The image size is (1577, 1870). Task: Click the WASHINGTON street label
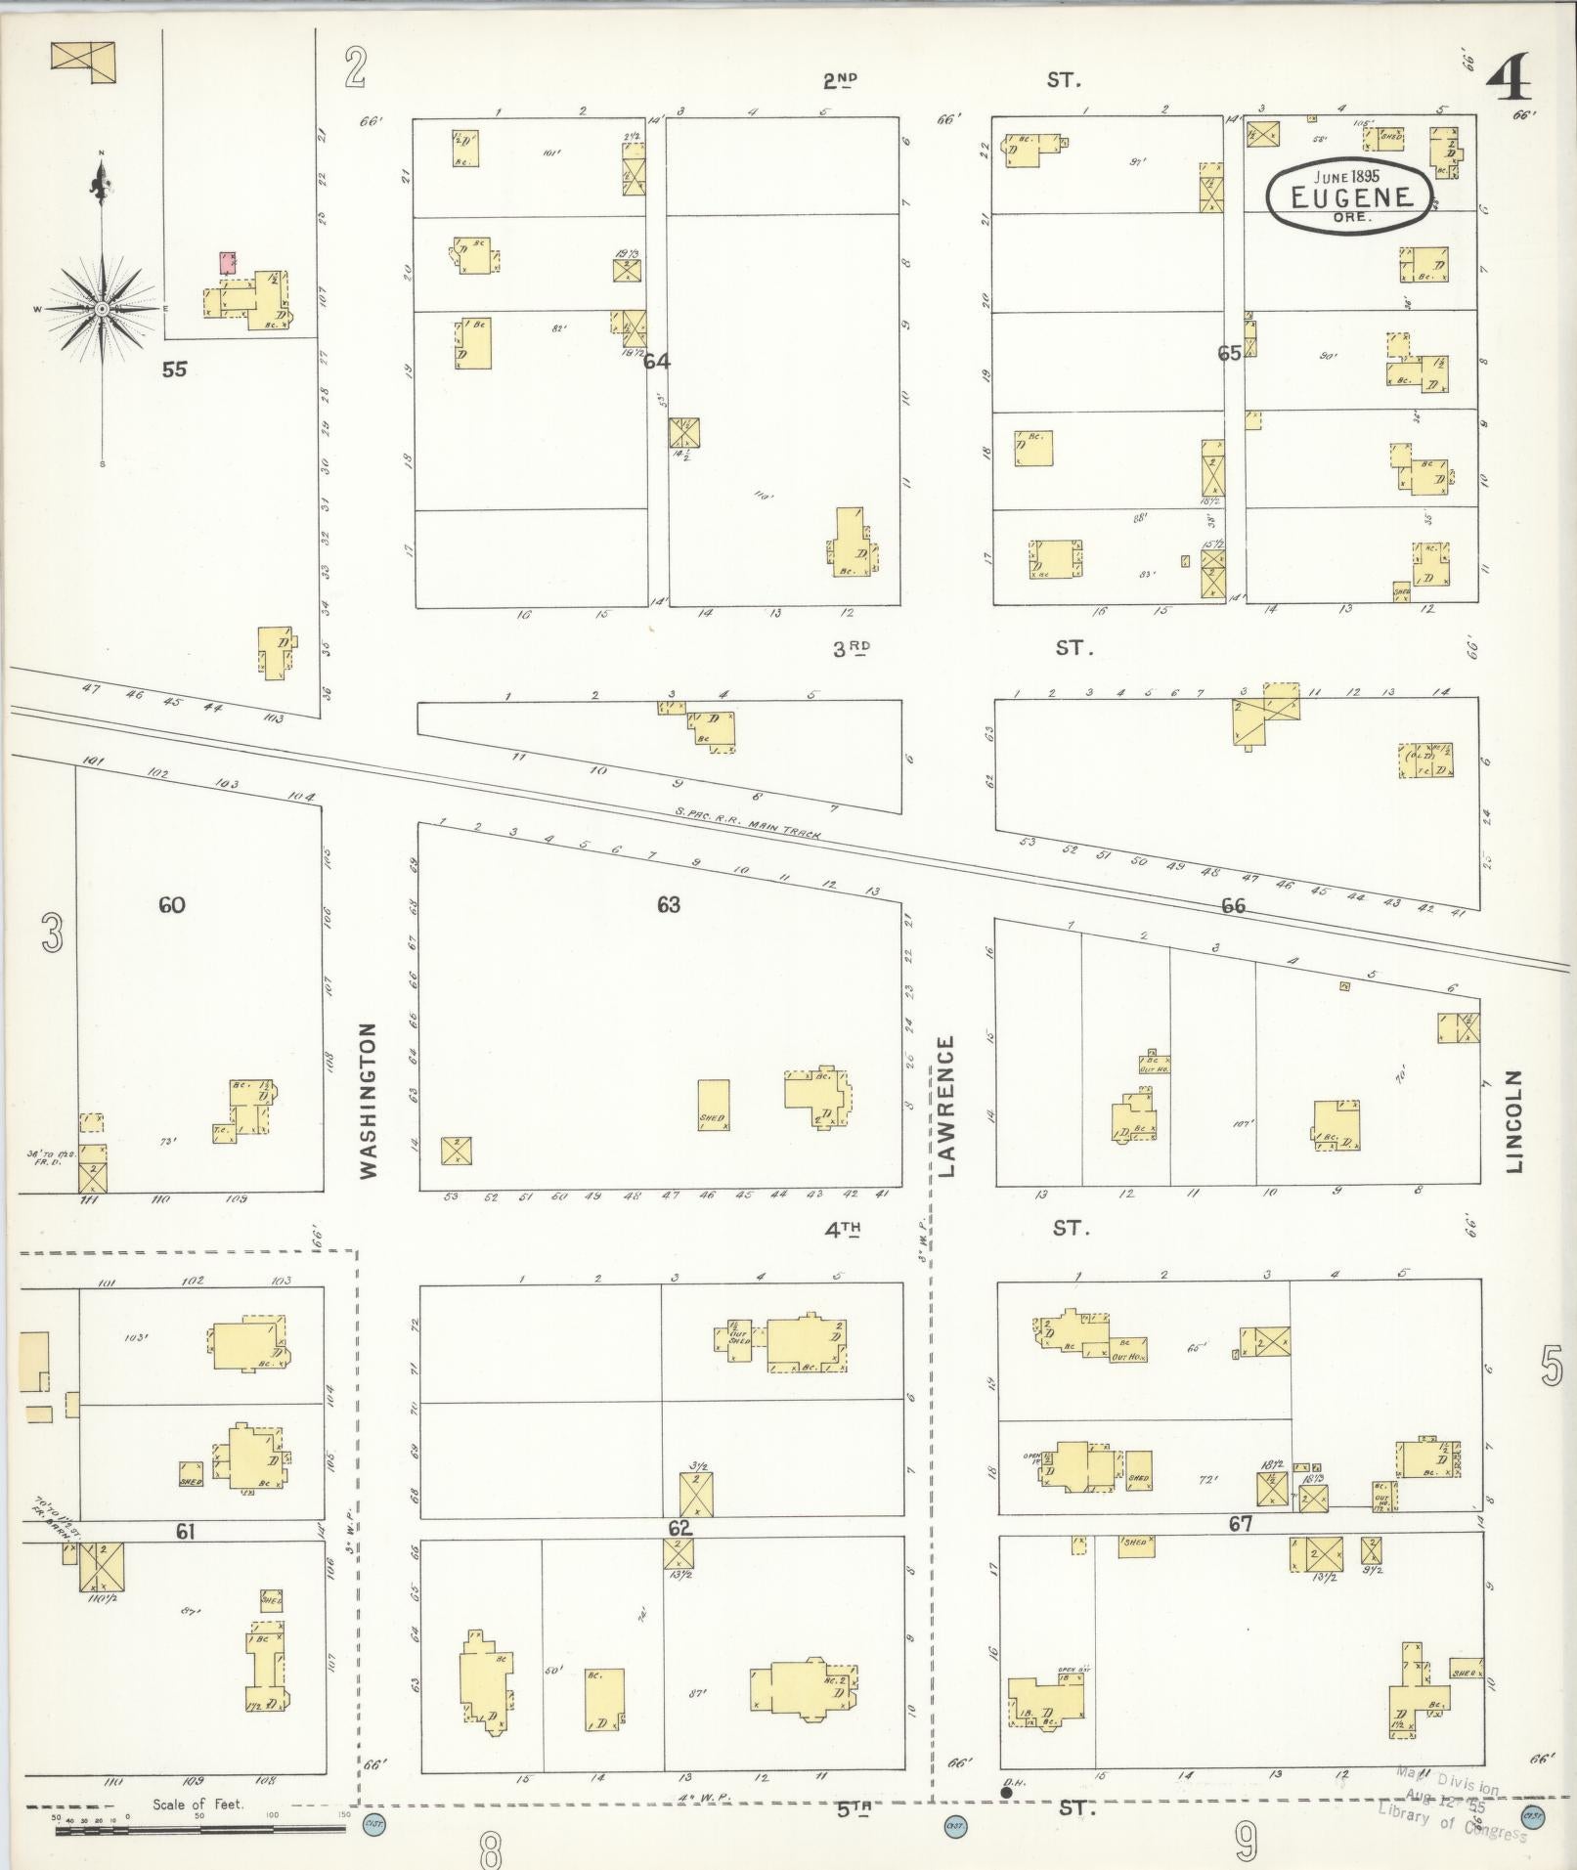click(368, 1101)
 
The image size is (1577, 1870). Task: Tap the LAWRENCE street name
click(945, 1106)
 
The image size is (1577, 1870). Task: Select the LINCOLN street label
click(1515, 1120)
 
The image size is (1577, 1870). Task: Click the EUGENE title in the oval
click(1352, 196)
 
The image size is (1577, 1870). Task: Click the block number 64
click(656, 362)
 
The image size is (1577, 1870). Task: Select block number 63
click(668, 904)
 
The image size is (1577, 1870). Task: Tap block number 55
click(175, 370)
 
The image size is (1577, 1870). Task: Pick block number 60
click(171, 905)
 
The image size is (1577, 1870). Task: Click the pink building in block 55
click(228, 262)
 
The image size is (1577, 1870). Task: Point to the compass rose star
click(101, 309)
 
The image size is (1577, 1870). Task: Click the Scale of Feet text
click(197, 1804)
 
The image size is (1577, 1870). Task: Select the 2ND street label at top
click(840, 80)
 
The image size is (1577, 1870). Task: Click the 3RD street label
click(851, 647)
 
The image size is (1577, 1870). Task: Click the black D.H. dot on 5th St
click(1006, 1792)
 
